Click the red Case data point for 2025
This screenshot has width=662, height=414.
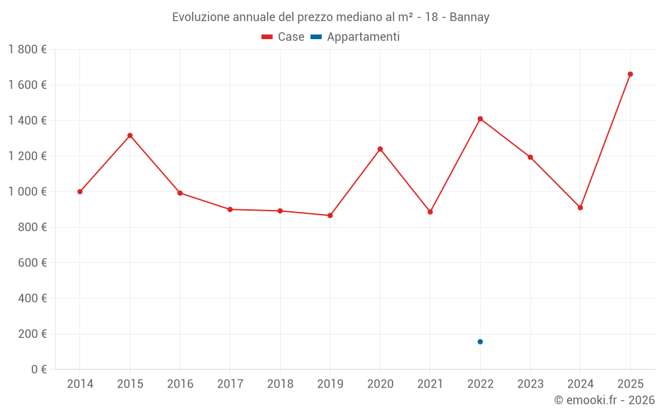pos(630,74)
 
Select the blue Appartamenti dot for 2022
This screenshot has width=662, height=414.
pos(480,342)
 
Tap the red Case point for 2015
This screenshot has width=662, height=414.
pos(130,136)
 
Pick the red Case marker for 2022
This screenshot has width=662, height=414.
pos(480,119)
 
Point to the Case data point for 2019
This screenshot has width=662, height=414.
pos(330,215)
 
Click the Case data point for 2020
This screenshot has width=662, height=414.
pos(380,149)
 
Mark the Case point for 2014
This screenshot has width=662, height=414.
pos(80,191)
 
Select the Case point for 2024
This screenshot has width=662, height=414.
pos(580,207)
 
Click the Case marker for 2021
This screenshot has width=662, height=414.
pos(430,212)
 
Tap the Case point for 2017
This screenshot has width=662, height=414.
pos(230,209)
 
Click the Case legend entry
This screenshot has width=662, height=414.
pos(283,37)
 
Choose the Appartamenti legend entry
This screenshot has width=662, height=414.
pos(355,37)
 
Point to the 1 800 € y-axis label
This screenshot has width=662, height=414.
pos(27,50)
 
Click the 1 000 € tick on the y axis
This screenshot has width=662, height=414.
pos(27,191)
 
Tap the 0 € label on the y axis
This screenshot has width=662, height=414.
pos(38,369)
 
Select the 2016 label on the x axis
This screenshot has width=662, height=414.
pos(180,384)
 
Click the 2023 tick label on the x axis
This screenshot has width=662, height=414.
pos(530,384)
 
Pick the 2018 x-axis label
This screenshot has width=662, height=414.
pos(280,384)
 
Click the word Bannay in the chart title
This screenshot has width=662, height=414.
pos(469,17)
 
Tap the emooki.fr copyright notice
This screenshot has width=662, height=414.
pos(604,400)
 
